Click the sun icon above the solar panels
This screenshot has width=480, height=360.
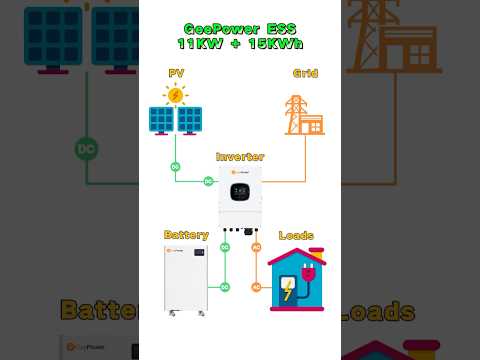coord(176,95)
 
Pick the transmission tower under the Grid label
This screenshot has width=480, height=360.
coord(297,113)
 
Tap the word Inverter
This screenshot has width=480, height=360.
coord(240,157)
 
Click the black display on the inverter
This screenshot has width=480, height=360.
coord(241,187)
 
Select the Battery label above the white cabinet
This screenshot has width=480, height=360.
coord(185,235)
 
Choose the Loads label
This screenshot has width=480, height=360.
coord(296,236)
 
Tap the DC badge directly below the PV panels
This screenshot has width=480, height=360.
coord(176,166)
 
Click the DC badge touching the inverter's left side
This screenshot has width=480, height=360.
coord(209,181)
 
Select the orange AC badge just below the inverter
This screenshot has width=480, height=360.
coord(256,247)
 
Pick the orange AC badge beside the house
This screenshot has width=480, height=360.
coord(256,287)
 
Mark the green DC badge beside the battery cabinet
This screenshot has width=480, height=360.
coord(225,287)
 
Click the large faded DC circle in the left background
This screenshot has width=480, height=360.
coord(86,150)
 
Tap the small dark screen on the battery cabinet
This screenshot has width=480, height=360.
coord(199,253)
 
